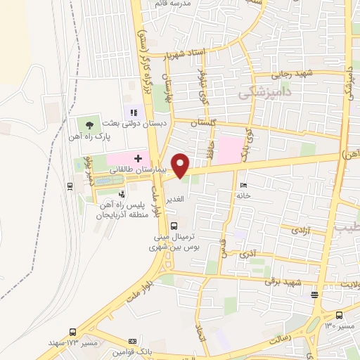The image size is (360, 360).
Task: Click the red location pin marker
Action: [181, 165]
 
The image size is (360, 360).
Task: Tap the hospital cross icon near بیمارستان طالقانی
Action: [138, 159]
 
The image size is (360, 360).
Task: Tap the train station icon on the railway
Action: [70, 186]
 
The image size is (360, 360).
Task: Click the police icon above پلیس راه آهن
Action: [122, 193]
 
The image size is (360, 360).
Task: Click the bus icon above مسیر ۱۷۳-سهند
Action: [72, 332]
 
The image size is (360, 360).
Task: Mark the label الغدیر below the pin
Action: [177, 199]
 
